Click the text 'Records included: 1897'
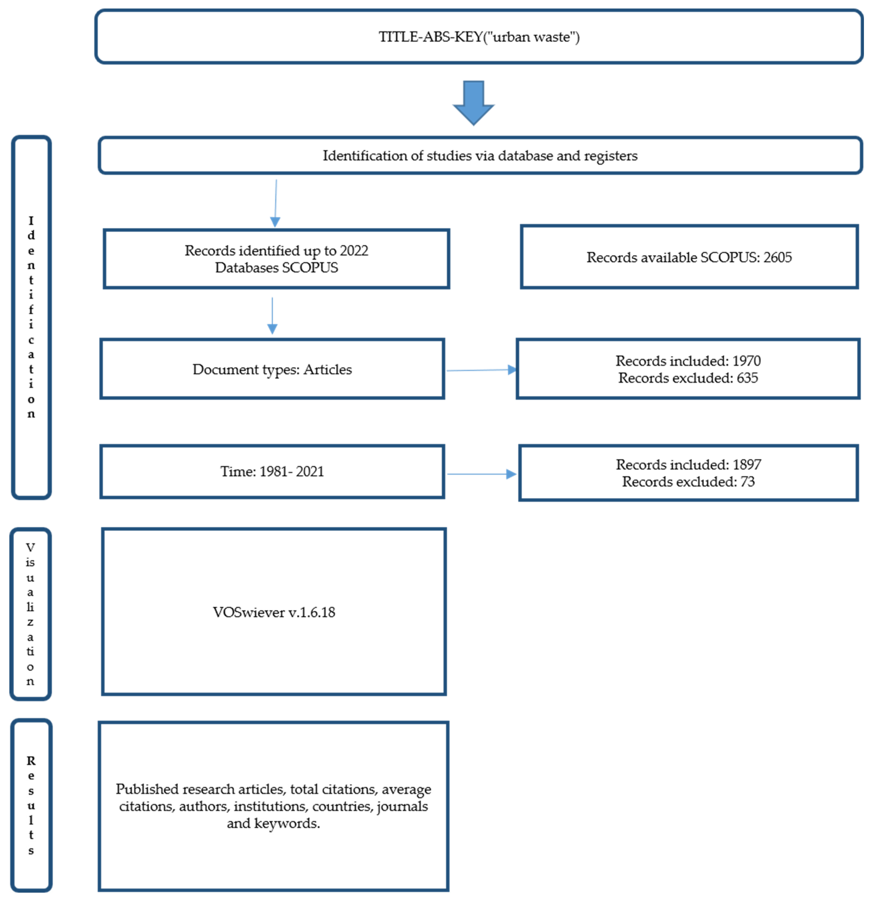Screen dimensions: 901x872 [688, 465]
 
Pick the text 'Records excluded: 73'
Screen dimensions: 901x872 [688, 482]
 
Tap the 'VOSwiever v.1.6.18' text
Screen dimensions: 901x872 [274, 612]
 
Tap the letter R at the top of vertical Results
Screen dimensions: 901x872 [31, 761]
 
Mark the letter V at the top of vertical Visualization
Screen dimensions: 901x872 [30, 547]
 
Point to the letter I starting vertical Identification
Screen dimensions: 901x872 [31, 221]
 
